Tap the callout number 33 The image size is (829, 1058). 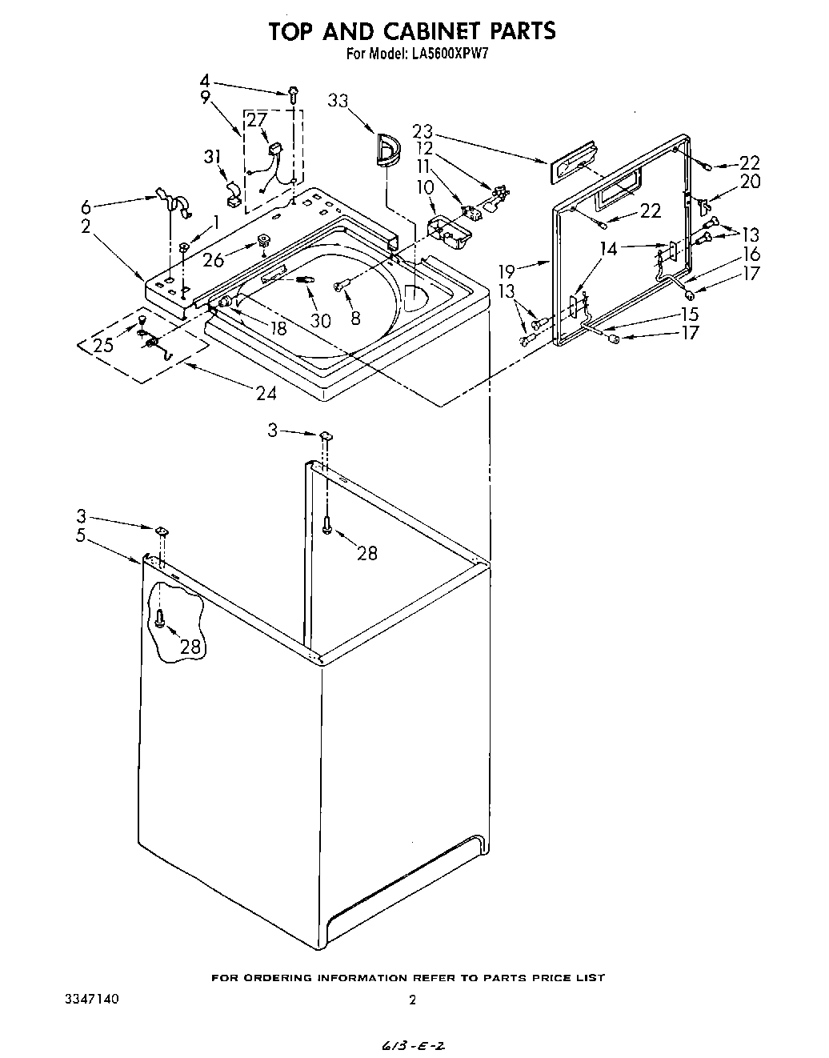point(338,100)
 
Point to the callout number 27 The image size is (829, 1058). point(256,120)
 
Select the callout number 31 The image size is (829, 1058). point(212,157)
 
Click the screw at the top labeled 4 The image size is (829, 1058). point(294,94)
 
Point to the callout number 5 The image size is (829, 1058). point(80,535)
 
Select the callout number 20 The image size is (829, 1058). point(750,182)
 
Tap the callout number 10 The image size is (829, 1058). point(427,186)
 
